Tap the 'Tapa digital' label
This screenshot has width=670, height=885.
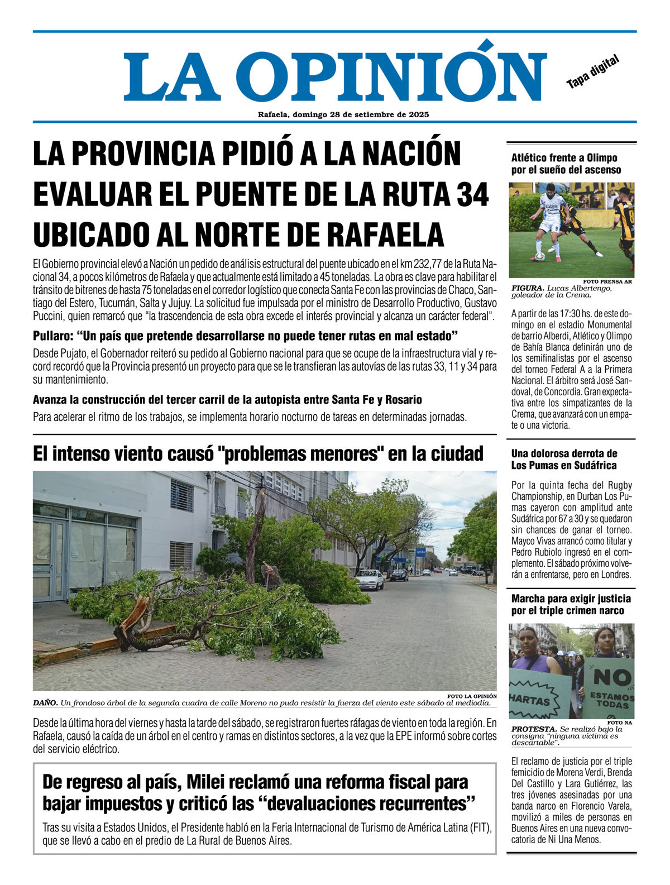[592, 72]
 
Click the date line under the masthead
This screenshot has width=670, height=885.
[343, 114]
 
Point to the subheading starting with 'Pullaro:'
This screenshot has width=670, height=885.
[245, 336]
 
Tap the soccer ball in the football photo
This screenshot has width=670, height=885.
[539, 257]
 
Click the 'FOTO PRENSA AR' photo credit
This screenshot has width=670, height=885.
[607, 281]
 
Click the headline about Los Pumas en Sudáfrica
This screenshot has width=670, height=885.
[564, 459]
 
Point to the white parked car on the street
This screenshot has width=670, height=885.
[370, 580]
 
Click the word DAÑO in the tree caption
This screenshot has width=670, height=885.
[45, 702]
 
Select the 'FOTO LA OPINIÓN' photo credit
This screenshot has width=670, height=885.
[472, 696]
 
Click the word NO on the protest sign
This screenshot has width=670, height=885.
[612, 677]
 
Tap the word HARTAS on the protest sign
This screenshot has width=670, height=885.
[529, 700]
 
